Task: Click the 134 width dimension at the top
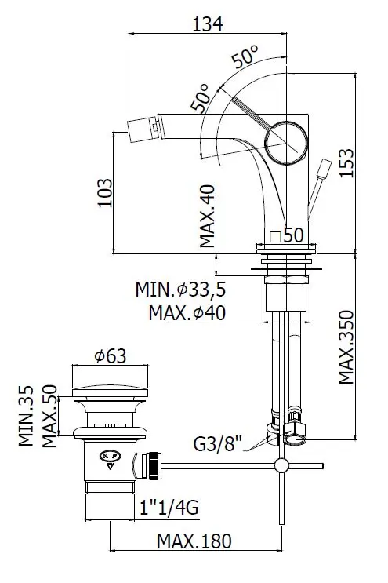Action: (x=208, y=24)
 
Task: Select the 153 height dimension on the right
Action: (x=346, y=163)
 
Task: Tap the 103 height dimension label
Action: (x=104, y=192)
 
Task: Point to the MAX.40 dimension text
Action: (x=207, y=216)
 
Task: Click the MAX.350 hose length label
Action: (x=346, y=348)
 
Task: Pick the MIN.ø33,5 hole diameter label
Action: (x=181, y=290)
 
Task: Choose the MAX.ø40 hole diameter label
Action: (x=187, y=313)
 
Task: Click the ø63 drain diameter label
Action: (x=111, y=356)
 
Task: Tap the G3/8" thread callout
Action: (x=218, y=443)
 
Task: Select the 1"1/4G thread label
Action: (x=169, y=507)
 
